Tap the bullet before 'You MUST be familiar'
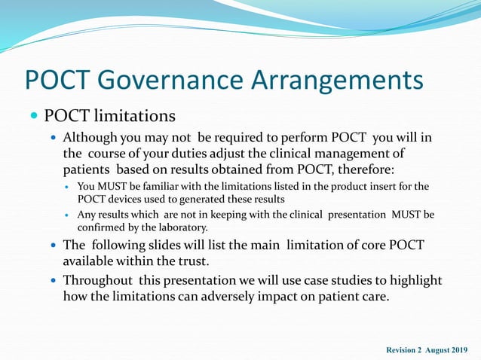coord(68,187)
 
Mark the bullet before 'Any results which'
coord(68,215)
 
